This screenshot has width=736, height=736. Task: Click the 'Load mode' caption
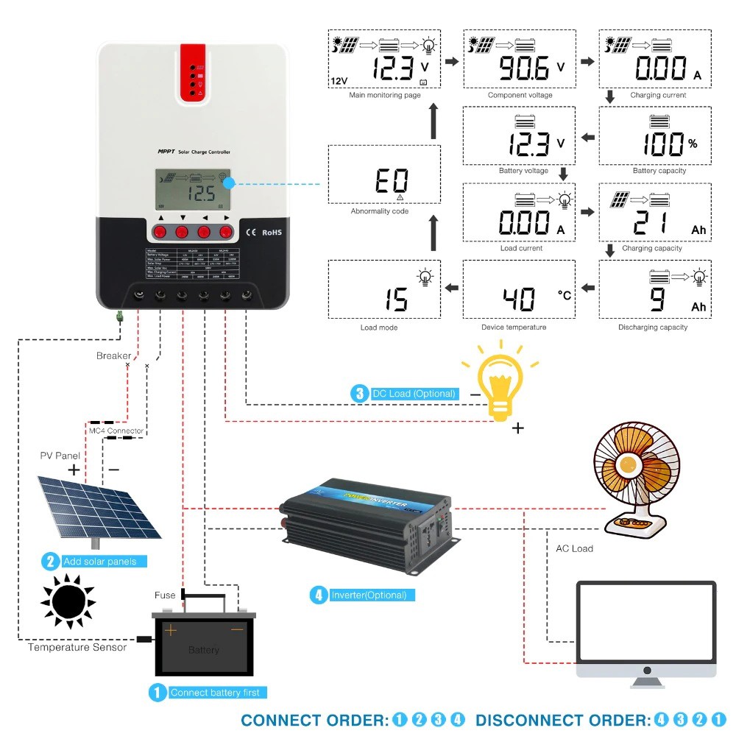tap(378, 328)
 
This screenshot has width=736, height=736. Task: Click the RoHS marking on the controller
tap(272, 233)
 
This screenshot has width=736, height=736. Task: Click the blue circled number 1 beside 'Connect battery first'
tap(157, 693)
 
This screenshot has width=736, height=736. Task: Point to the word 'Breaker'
tap(113, 356)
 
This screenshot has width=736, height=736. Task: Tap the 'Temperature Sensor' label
tap(77, 648)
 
